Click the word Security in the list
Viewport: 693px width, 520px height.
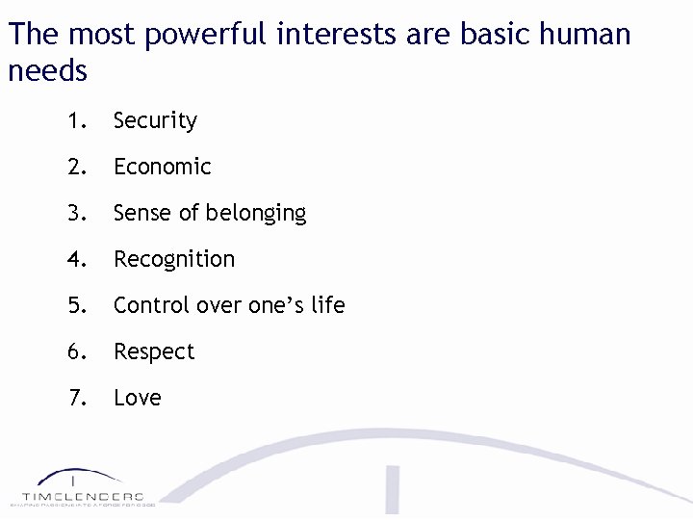(155, 121)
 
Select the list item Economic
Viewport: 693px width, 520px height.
(162, 167)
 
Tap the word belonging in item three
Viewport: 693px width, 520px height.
(252, 214)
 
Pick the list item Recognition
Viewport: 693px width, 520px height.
(173, 259)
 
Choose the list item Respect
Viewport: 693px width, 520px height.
(154, 352)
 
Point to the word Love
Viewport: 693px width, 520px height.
(137, 398)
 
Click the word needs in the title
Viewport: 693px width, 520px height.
(47, 71)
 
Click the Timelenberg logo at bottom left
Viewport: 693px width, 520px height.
(82, 487)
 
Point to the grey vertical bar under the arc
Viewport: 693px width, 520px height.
(393, 491)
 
